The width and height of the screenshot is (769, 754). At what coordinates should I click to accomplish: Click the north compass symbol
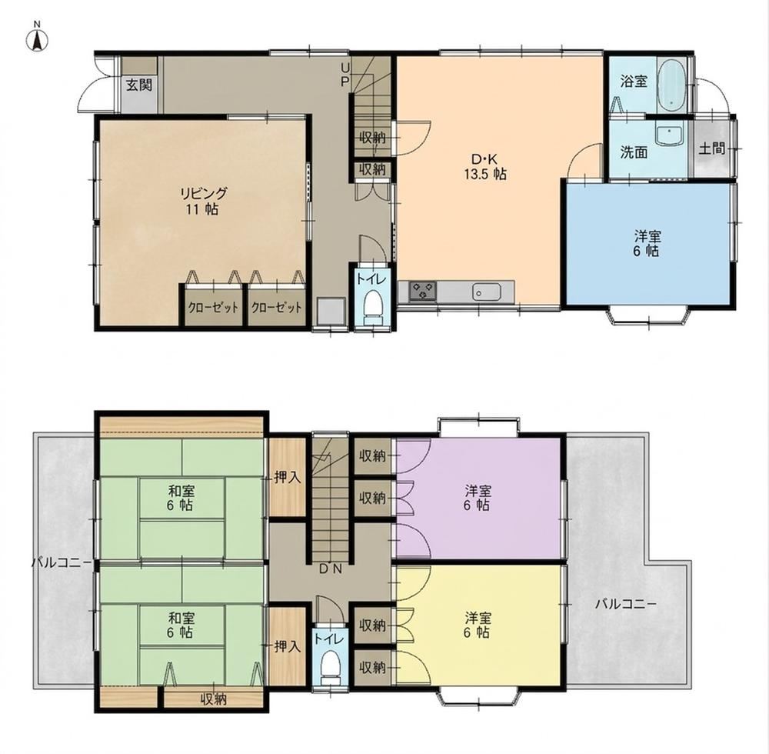point(36,38)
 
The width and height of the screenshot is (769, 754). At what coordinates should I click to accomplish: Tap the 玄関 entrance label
point(139,85)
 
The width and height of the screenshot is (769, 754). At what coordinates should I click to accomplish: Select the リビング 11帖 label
point(202,201)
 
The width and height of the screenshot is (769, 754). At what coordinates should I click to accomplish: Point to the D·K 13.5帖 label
point(484,166)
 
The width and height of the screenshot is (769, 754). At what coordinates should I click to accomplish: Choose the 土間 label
point(711,148)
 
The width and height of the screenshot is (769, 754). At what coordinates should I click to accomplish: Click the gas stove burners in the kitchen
point(422,291)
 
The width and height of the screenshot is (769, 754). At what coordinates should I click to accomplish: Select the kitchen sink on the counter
point(487,292)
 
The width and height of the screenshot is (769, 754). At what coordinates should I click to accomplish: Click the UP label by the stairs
point(345,74)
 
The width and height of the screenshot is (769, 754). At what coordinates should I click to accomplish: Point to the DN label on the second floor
point(330,569)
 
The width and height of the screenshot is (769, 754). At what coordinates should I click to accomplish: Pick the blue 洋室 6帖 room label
point(647,244)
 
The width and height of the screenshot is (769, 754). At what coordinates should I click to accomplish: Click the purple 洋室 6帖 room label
point(478,498)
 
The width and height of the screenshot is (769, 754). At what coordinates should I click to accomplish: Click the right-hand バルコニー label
point(626,604)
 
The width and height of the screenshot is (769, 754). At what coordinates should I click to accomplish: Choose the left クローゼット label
point(213,308)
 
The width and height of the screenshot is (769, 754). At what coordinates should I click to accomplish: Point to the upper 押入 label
point(288,477)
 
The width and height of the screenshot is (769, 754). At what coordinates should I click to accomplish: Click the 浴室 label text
point(634,82)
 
